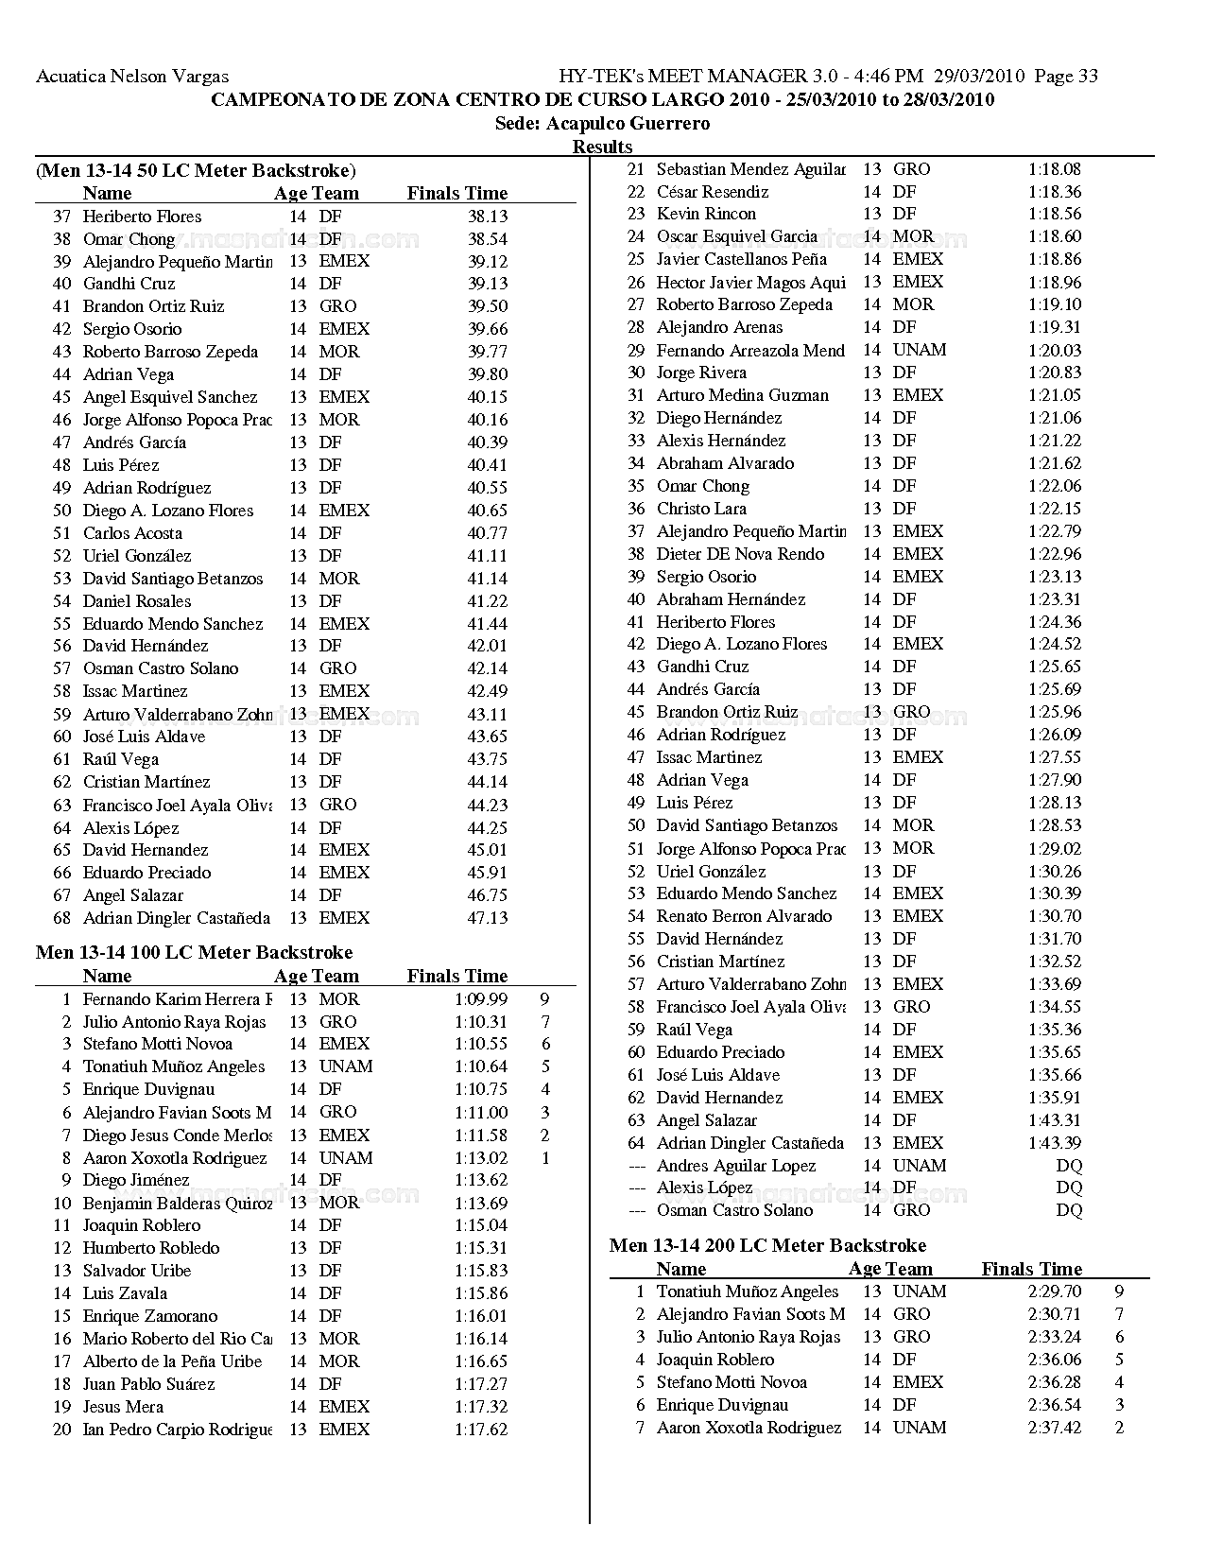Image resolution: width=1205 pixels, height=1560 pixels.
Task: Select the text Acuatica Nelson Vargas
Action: click(x=132, y=77)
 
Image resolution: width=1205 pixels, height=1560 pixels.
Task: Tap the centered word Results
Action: click(x=602, y=147)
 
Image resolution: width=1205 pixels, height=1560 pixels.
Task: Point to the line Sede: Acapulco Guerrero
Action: click(x=602, y=124)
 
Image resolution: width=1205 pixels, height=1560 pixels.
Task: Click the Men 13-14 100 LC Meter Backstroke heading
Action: click(x=194, y=952)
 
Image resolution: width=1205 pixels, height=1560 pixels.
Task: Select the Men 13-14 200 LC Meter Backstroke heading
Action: click(x=767, y=1245)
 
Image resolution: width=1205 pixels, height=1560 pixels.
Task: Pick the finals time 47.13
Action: click(x=488, y=918)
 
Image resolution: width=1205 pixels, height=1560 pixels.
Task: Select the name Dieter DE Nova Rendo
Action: click(x=740, y=554)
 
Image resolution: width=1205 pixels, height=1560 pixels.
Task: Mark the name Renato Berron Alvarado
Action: click(x=744, y=916)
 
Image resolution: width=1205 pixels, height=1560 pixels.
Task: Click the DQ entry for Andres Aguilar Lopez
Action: click(x=1069, y=1166)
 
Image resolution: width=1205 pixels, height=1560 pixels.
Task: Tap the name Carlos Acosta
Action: click(x=132, y=533)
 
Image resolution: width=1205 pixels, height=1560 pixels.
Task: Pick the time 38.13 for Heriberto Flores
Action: click(x=488, y=217)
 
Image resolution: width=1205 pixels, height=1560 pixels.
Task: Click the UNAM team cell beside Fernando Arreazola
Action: click(x=919, y=350)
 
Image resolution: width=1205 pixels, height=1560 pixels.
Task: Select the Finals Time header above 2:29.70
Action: click(x=1031, y=1269)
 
